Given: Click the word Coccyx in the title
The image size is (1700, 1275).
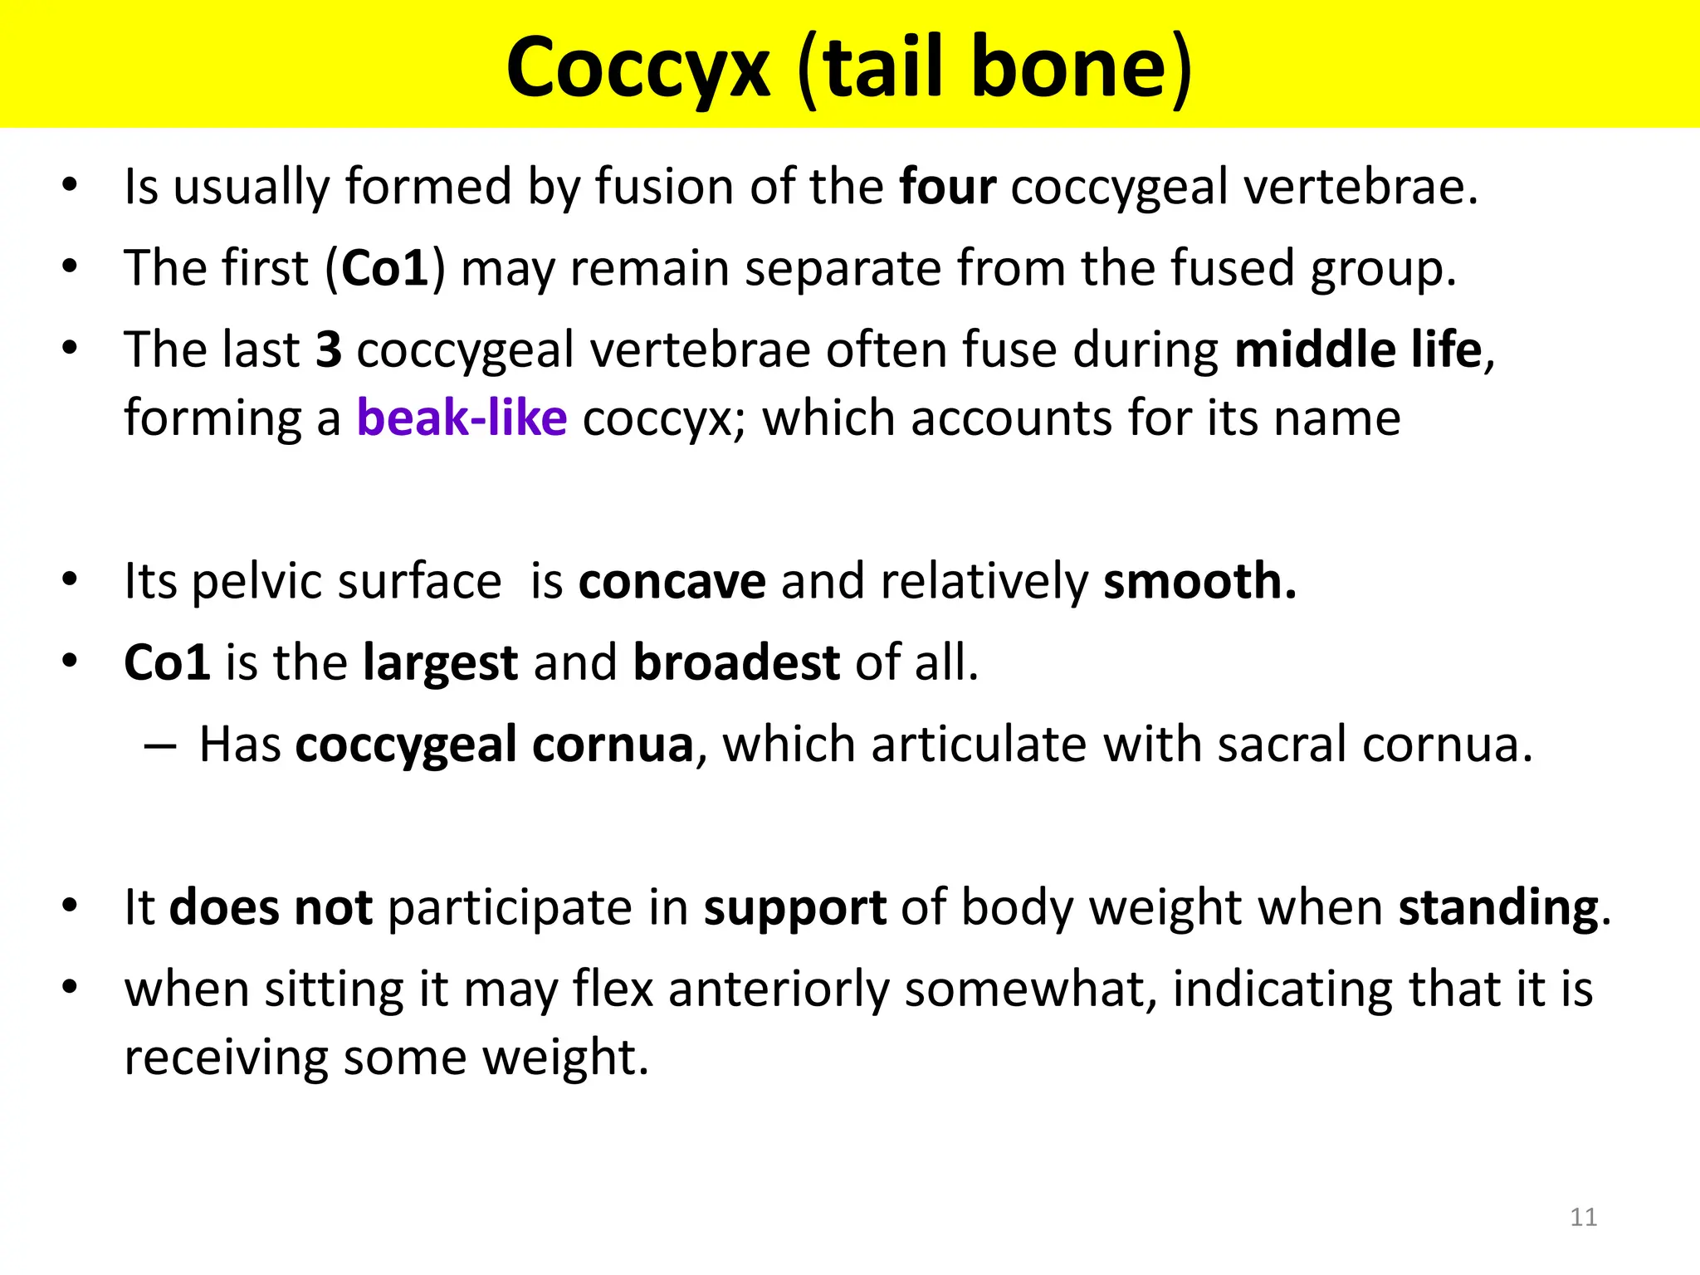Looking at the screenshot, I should [x=637, y=68].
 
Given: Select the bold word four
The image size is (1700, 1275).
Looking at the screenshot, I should [x=947, y=186].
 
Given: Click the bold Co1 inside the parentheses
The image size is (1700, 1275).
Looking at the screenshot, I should [x=384, y=268].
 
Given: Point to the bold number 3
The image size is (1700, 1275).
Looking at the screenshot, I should [x=329, y=349].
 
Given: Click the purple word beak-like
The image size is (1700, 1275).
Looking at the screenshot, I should [x=462, y=418].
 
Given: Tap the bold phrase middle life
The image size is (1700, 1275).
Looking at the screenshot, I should [x=1358, y=349].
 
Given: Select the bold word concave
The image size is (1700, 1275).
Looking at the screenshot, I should [x=672, y=581].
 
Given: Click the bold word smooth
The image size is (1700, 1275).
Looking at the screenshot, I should [x=1199, y=581].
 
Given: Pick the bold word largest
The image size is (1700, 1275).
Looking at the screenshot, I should [x=441, y=662].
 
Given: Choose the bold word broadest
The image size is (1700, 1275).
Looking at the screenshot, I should [x=736, y=662].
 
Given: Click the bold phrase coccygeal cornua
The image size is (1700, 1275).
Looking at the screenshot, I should [x=495, y=744].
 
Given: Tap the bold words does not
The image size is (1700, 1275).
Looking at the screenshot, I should [x=271, y=906].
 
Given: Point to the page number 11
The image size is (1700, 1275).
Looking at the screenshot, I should [x=1584, y=1218].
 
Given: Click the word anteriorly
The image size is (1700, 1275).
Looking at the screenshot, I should [x=779, y=989].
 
